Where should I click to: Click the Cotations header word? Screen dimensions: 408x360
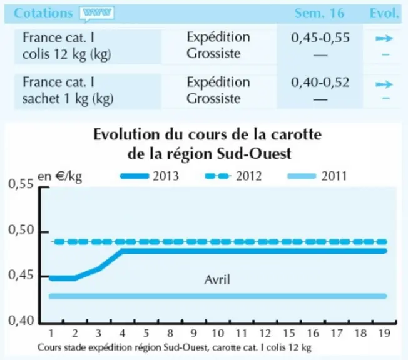pos(43,13)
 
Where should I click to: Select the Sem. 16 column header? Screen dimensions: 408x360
pos(319,13)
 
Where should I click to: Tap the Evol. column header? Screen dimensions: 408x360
pos(384,13)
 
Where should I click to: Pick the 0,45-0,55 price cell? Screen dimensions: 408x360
pos(320,37)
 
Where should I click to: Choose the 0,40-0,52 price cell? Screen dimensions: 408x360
pos(320,82)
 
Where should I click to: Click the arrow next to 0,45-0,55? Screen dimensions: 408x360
pos(384,39)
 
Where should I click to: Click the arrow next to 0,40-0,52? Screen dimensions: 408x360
pos(384,84)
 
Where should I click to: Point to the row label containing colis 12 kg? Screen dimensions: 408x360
pos(67,46)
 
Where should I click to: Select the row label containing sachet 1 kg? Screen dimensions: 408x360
pos(68,91)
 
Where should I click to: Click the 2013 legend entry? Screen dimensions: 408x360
pos(150,176)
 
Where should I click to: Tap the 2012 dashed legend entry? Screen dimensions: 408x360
pos(233,176)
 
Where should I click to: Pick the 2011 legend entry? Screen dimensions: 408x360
pos(317,176)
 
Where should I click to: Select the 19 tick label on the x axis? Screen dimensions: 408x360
pos(384,333)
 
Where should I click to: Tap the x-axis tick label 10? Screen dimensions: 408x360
pos(218,333)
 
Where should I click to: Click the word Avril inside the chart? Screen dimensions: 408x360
pos(217,280)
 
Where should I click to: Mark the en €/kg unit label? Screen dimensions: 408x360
pos(60,176)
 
